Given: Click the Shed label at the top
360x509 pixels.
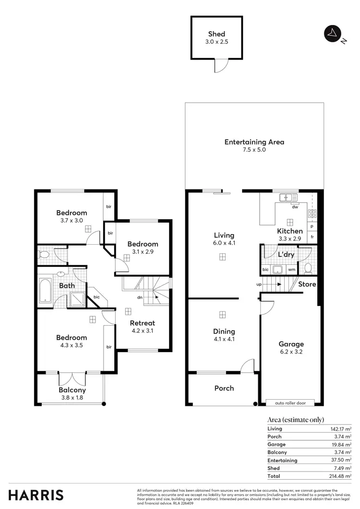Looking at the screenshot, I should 217,34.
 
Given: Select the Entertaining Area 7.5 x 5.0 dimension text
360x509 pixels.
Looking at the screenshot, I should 254,150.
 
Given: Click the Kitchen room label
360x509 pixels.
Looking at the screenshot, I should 290,231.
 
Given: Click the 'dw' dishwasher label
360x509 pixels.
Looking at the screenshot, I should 295,207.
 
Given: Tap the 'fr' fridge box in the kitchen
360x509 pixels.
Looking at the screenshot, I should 312,237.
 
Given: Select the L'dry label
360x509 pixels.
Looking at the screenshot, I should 286,255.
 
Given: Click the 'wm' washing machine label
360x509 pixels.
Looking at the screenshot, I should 291,270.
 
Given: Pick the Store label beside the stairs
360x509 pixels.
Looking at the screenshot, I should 307,284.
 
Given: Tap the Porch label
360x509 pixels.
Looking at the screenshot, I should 224,388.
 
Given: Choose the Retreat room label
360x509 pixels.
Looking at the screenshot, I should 143,323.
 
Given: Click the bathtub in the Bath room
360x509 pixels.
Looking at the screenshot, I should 45,291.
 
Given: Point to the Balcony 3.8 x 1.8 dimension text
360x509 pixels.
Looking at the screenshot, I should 72,397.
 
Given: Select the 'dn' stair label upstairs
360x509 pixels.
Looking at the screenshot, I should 139,297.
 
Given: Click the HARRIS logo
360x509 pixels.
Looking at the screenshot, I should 36,495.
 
